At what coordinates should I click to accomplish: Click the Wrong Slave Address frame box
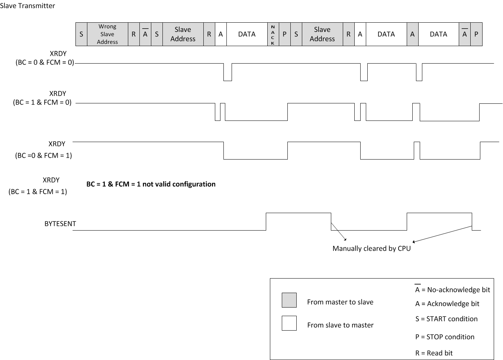coord(107,34)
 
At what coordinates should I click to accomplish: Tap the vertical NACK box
coord(273,35)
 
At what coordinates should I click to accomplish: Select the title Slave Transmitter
coord(28,6)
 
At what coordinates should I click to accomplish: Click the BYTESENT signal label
coord(60,224)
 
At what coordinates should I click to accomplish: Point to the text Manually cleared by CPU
coord(371,248)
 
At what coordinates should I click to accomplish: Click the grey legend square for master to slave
coord(289,300)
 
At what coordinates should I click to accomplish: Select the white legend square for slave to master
coord(289,323)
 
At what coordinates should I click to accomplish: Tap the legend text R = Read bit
coord(434,353)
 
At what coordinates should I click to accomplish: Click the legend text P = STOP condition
coord(445,337)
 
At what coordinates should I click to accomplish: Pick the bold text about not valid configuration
coord(151,184)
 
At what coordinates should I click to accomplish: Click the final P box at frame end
coord(476,34)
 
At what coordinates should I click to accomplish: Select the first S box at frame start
coord(81,34)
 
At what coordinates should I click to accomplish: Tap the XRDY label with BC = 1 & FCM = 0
coord(43,98)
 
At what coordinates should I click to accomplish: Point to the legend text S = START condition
coord(446,319)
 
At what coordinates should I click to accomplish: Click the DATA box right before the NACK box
coord(247,34)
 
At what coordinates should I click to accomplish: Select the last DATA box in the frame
coord(438,34)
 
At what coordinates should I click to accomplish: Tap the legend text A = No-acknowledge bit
coord(452,290)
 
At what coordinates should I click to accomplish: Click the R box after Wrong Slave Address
coord(133,34)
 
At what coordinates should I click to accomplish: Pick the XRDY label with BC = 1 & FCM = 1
coord(38,186)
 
